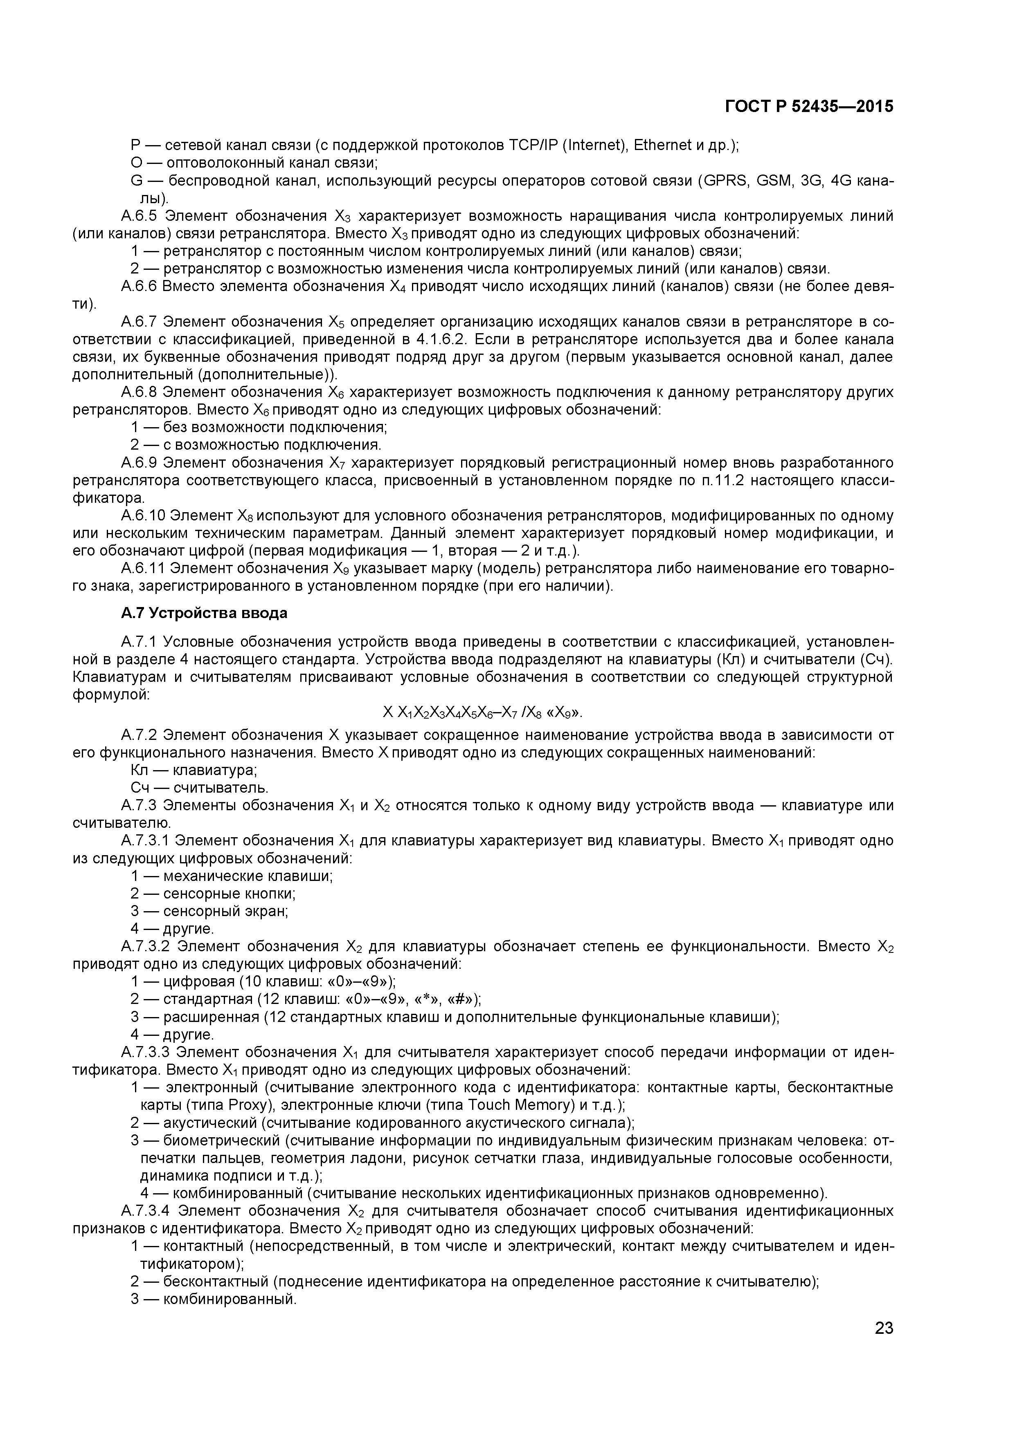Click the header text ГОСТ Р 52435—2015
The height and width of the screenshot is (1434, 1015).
pyautogui.click(x=809, y=107)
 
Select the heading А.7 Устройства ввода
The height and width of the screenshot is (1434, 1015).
pyautogui.click(x=204, y=613)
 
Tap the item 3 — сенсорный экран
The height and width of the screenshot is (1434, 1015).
pyautogui.click(x=209, y=911)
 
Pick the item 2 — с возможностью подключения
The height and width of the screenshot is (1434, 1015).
pyautogui.click(x=256, y=445)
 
